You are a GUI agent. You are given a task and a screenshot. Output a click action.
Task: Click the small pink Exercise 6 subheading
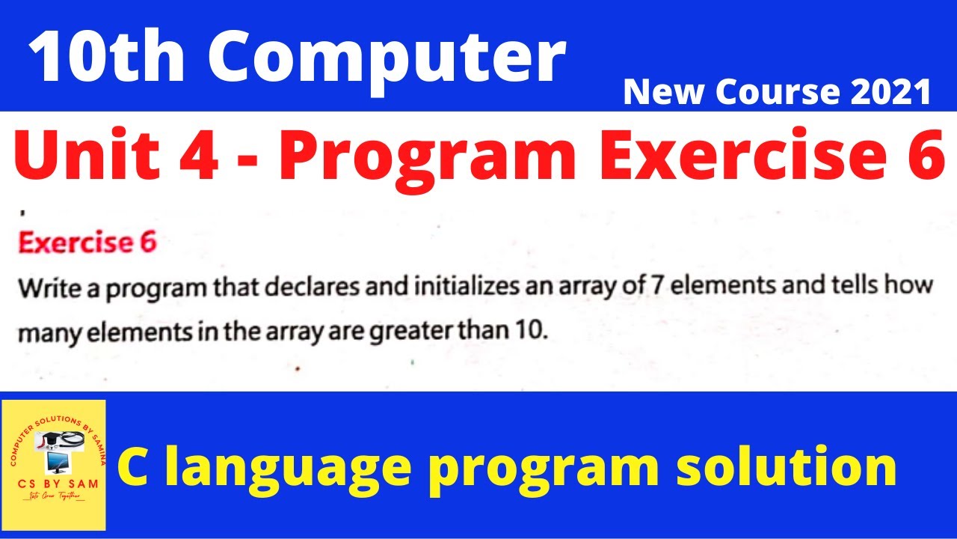click(87, 243)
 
